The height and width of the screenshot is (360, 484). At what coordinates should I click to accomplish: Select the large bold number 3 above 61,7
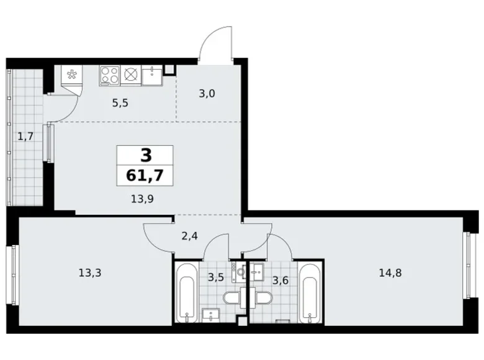click(145, 155)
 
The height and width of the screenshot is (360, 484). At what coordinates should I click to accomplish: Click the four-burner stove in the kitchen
click(110, 75)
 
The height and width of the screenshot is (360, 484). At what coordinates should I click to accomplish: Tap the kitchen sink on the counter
click(151, 75)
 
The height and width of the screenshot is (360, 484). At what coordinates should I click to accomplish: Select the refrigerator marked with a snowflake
click(71, 76)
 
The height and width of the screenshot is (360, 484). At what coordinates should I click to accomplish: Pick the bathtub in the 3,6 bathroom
click(308, 292)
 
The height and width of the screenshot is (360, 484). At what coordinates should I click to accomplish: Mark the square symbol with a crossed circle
click(131, 75)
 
